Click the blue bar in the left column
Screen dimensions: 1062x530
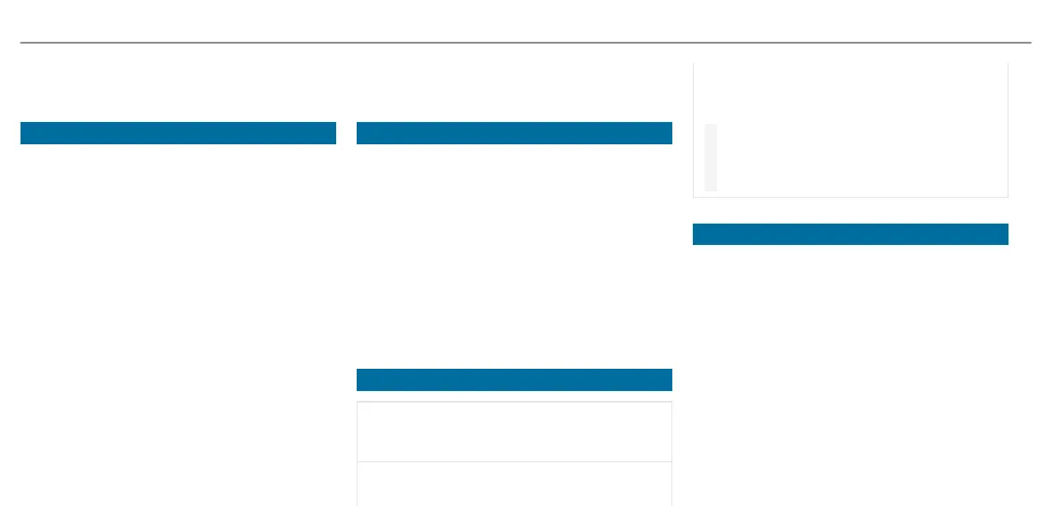178,133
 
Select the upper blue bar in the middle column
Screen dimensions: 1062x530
514,133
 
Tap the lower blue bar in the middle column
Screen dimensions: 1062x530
514,379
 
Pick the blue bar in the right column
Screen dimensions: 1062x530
850,234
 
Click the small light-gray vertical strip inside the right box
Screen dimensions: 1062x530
711,158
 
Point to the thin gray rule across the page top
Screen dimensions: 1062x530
525,42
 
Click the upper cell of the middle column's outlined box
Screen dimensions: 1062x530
514,432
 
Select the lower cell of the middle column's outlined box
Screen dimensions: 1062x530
514,483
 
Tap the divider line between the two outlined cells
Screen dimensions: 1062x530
514,461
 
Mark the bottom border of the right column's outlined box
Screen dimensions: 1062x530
850,197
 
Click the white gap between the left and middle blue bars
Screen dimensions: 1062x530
346,133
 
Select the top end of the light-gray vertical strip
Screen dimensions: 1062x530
711,126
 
